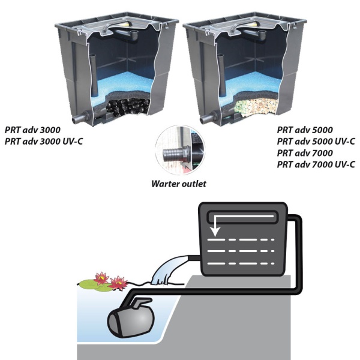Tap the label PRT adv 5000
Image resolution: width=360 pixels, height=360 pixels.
[x=305, y=129]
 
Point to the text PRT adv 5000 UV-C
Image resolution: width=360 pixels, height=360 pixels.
[x=316, y=141]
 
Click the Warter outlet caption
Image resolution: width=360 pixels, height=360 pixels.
[x=179, y=184]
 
